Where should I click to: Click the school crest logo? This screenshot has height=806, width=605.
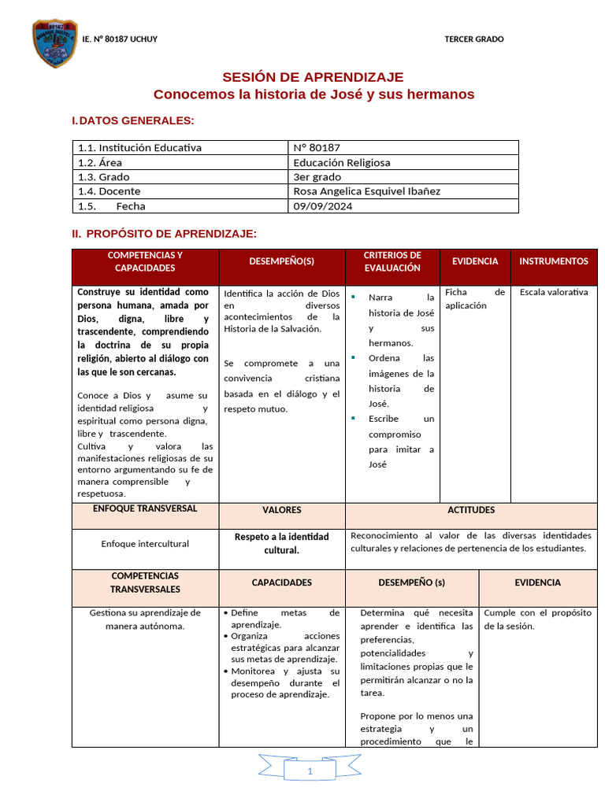55,43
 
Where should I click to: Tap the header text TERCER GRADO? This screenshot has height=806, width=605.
473,39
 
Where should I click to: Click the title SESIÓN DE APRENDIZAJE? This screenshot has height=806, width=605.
313,77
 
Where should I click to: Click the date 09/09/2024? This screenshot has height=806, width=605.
323,206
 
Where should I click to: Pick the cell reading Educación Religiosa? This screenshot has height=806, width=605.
341,162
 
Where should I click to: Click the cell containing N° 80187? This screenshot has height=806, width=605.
317,147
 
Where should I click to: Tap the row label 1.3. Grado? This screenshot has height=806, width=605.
103,177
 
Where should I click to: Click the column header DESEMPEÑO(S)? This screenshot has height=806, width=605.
281,261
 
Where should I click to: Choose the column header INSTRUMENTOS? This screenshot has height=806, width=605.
554,261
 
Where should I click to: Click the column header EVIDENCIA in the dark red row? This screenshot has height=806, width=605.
475,261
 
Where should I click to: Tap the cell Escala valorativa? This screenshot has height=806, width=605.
554,292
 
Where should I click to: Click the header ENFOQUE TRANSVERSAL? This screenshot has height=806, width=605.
145,509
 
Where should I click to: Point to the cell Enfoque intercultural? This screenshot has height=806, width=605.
145,544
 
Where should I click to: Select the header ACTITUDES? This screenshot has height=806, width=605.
471,510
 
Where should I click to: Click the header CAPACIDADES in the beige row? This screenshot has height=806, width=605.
281,583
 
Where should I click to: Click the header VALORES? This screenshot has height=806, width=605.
281,510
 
